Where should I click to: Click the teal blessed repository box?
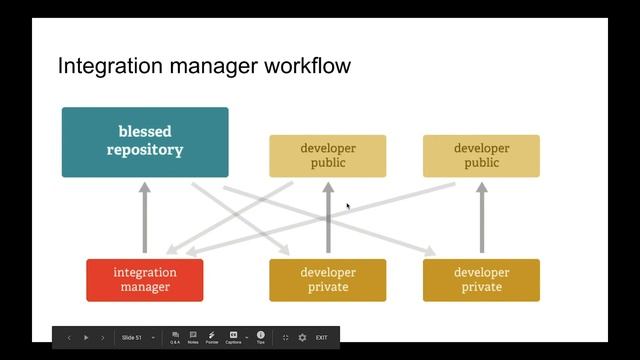(x=145, y=142)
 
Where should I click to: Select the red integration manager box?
(x=145, y=280)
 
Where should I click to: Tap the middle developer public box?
(x=327, y=156)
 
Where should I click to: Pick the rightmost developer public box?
(x=481, y=156)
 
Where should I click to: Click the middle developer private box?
(x=327, y=280)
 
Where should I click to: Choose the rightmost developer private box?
(x=481, y=280)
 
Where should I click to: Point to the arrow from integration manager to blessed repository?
(x=145, y=218)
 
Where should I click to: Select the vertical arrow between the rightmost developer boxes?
(x=482, y=218)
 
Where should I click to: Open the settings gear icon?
(x=302, y=338)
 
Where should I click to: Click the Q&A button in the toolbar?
(x=175, y=337)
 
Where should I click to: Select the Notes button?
(x=193, y=337)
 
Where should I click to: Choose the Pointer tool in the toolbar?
(x=212, y=337)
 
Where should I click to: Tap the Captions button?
(x=233, y=337)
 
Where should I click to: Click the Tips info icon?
(x=260, y=337)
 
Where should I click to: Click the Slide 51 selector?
(x=134, y=338)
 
